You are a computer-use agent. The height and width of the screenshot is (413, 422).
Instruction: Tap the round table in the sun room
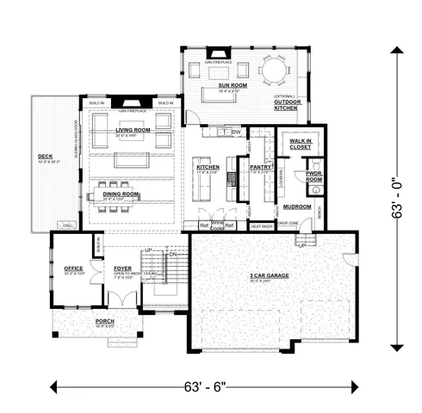(x=276, y=69)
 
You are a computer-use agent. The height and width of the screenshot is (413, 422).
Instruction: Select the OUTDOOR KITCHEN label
(x=285, y=104)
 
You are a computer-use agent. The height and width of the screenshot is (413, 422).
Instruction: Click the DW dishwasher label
(x=236, y=132)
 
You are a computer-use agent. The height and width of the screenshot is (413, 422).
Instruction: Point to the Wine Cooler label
(x=217, y=226)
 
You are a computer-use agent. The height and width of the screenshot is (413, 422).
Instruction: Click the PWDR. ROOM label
(x=314, y=176)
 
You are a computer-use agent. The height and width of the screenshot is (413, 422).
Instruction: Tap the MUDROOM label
(x=298, y=206)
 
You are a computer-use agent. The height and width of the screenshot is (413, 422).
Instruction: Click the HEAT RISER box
(x=261, y=226)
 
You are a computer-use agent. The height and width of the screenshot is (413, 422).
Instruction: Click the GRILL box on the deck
(x=68, y=225)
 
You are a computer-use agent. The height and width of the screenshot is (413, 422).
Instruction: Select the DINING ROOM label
(x=121, y=194)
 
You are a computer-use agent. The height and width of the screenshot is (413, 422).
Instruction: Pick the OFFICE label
(x=73, y=268)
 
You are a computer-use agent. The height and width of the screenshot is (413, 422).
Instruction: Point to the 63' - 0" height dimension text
(x=398, y=198)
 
